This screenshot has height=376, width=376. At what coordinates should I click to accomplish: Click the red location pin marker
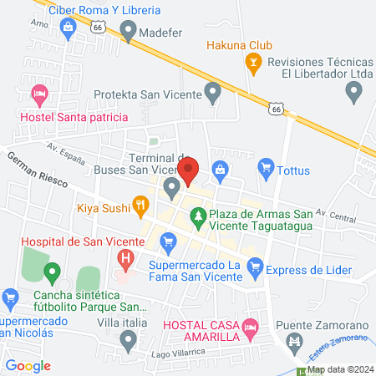[188, 170]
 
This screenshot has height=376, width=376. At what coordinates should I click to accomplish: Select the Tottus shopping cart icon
[266, 168]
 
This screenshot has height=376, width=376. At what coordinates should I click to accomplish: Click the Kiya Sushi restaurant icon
[141, 203]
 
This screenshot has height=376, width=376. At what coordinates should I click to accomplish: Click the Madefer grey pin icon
[128, 32]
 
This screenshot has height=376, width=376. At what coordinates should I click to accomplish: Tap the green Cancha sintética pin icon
[52, 272]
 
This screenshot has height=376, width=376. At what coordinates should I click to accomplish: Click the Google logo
[28, 365]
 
